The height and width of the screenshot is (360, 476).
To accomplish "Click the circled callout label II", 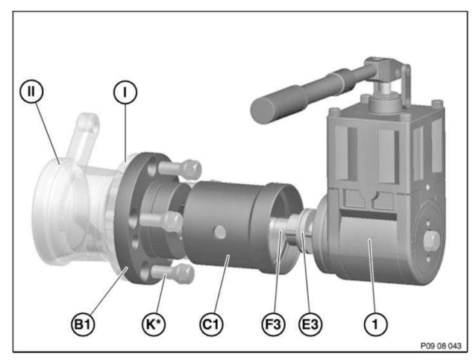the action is tap(31, 92).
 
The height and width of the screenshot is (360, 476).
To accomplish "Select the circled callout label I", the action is tap(125, 92).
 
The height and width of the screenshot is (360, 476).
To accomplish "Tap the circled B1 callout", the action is tap(83, 324).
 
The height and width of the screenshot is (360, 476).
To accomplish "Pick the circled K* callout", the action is tap(154, 324).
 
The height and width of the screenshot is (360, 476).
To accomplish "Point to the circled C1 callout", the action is tap(211, 324).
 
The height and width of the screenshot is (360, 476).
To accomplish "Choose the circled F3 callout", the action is tap(274, 324).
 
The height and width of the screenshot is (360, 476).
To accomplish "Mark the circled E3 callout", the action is tap(310, 324).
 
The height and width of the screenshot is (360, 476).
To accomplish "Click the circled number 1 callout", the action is tap(375, 324).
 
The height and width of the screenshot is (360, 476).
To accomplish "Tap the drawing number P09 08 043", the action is tap(440, 346).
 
